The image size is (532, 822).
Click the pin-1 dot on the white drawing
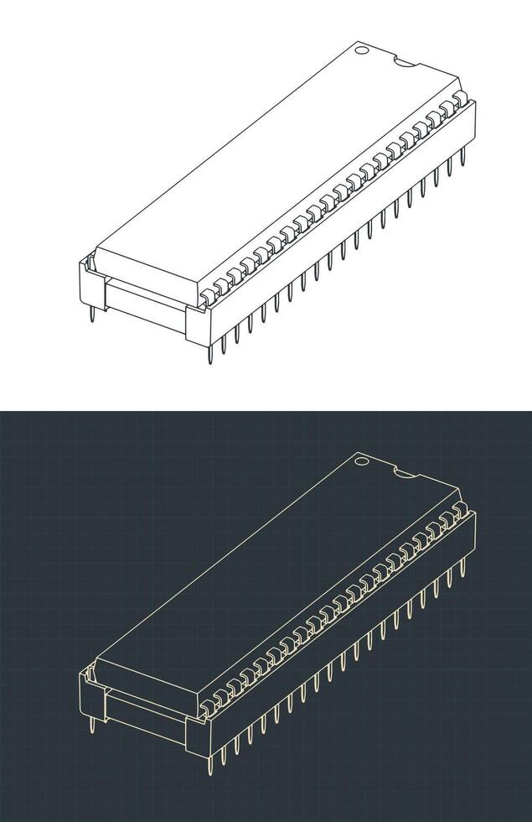point(361,49)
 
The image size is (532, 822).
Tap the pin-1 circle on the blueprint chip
point(361,460)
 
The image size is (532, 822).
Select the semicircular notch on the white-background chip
point(405,62)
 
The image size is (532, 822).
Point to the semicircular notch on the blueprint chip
point(405,473)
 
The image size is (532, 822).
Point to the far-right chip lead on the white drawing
point(460,99)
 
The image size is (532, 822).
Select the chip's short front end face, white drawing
point(147,273)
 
